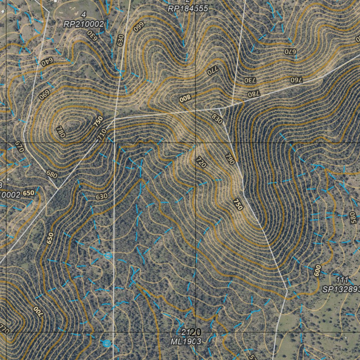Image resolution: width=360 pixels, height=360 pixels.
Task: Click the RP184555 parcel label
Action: pos(188,9)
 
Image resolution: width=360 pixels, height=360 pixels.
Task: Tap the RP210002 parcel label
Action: pos(84,24)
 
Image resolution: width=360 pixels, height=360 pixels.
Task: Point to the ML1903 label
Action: pos(186,341)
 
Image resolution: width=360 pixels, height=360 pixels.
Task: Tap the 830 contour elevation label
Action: pos(217,120)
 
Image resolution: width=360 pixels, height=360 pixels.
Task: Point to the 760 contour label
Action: pos(296,79)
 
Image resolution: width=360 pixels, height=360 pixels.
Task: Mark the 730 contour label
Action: pos(250,80)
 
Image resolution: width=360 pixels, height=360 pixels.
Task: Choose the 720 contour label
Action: pos(201,162)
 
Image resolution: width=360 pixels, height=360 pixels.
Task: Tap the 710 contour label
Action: pos(102,134)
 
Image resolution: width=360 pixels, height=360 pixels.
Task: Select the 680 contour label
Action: pos(51,174)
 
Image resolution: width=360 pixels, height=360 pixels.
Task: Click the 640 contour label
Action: pos(46,63)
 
